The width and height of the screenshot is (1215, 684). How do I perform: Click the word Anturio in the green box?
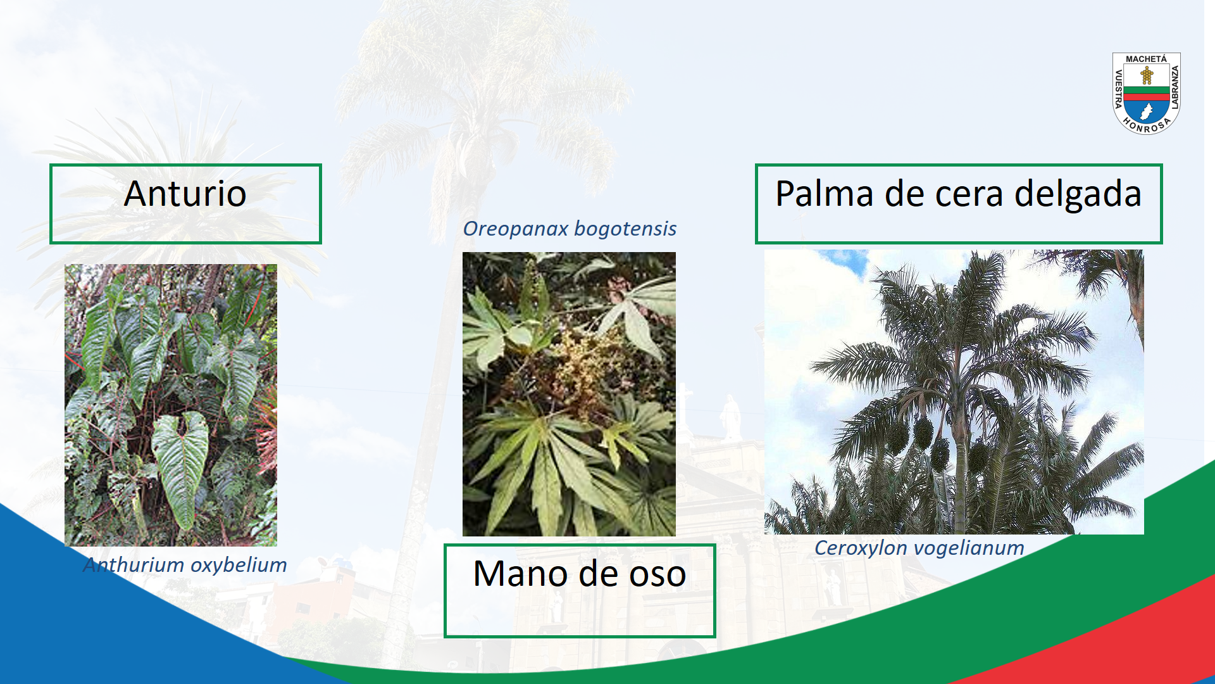point(185,193)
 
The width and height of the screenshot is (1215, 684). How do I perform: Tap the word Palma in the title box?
point(823,193)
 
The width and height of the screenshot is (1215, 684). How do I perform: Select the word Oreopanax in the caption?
point(516,229)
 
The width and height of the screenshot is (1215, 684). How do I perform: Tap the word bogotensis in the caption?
point(626,229)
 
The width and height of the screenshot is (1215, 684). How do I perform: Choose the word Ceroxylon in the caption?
point(861,548)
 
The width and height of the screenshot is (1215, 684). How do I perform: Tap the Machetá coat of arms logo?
point(1147,93)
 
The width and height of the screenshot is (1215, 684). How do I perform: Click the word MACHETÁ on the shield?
point(1146,59)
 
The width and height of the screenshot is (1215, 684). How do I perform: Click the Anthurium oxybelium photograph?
point(171,405)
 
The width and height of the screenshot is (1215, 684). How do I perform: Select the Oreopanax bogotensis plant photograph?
point(569,394)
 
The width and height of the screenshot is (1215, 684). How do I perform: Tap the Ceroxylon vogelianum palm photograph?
point(954,392)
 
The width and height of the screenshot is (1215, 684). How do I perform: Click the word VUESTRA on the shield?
point(1118,89)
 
